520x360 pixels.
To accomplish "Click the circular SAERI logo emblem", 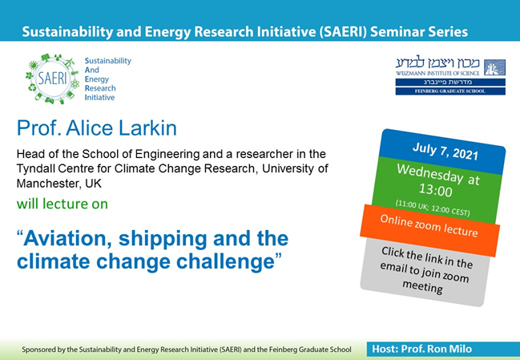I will (54, 79).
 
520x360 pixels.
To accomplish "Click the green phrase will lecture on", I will (62, 204).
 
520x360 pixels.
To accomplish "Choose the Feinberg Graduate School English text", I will (451, 91).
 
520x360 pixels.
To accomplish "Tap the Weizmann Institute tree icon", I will (494, 67).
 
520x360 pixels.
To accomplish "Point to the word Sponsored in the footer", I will (46, 350).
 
